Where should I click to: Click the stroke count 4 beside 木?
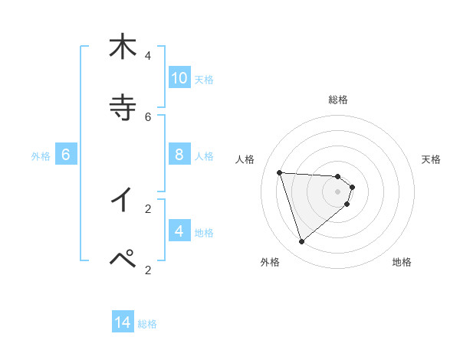click(148, 56)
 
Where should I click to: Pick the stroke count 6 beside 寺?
click(148, 117)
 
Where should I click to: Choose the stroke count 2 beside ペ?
click(148, 270)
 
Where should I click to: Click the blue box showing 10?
click(179, 78)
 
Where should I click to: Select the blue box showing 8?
click(179, 155)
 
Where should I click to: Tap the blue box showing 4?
click(179, 231)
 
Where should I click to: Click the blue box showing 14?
click(123, 322)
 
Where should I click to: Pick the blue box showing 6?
click(66, 155)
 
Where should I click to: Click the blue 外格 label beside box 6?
click(41, 155)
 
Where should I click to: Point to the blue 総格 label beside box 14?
click(147, 323)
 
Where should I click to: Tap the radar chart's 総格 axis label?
click(338, 100)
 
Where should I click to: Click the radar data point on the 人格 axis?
click(280, 172)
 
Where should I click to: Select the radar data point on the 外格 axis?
click(301, 242)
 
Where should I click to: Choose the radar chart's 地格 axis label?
click(402, 262)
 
